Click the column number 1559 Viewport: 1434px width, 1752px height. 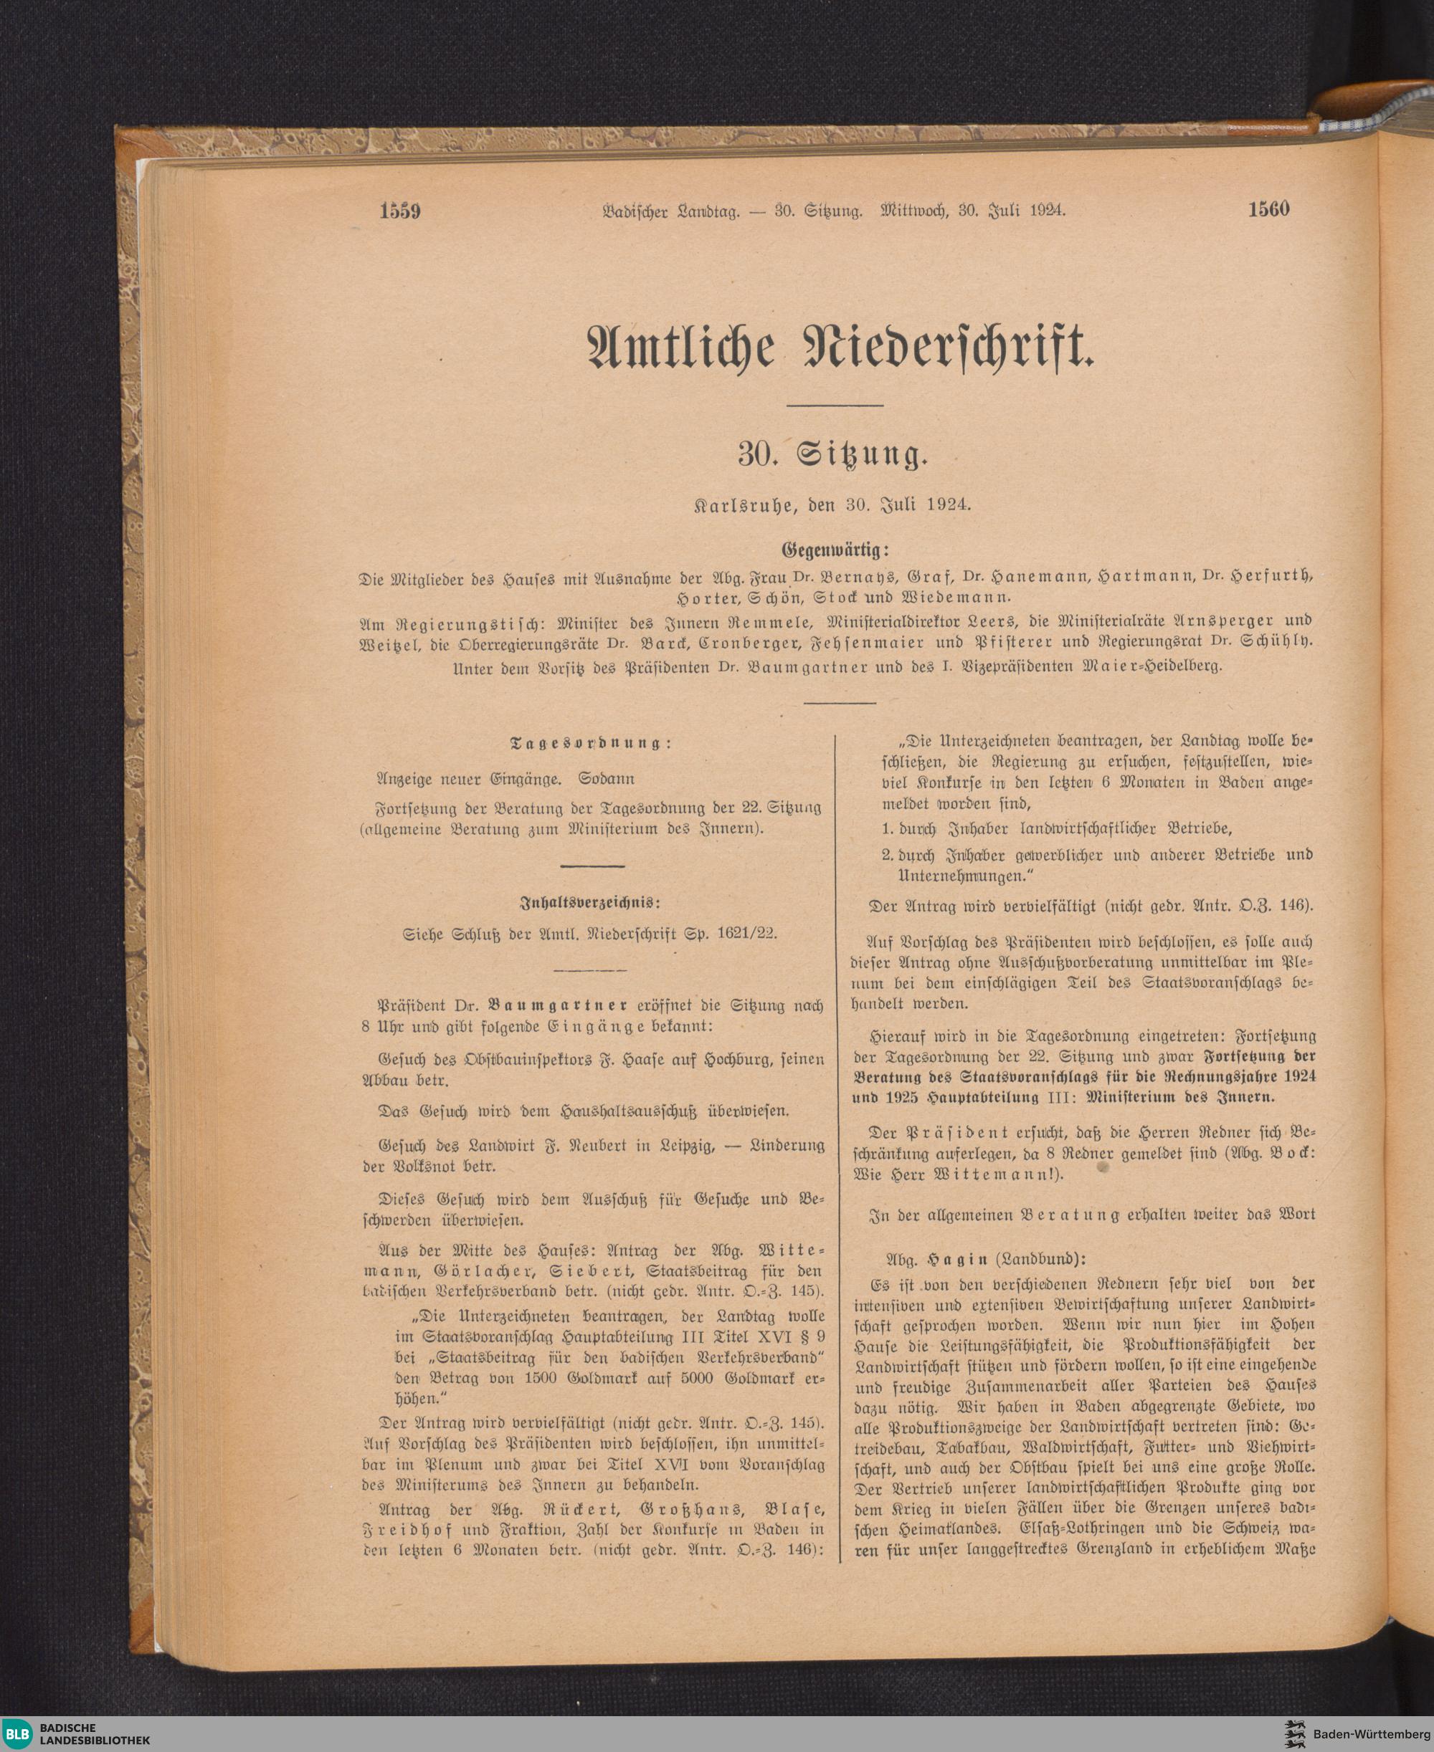(401, 211)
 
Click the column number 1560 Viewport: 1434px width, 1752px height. (1269, 210)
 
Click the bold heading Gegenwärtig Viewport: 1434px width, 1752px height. (835, 549)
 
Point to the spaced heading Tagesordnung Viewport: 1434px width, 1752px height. (592, 743)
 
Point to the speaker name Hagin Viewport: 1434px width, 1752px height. (951, 1260)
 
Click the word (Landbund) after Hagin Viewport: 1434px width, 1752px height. (1040, 1260)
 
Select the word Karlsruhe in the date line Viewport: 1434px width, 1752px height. (750, 504)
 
